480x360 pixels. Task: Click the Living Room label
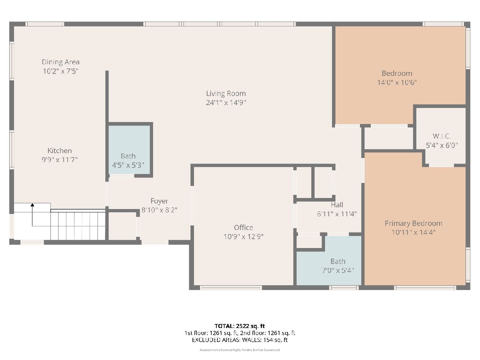[x=226, y=94]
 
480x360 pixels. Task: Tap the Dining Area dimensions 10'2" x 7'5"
[x=60, y=71]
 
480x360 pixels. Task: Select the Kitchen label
[x=60, y=151]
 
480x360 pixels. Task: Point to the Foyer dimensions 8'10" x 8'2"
[x=159, y=210]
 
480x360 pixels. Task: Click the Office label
[x=243, y=228]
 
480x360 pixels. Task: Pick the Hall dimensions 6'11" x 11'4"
[x=337, y=214]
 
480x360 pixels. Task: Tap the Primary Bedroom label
[x=414, y=223]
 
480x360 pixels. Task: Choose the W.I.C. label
[x=442, y=136]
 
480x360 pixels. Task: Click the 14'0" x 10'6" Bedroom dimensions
[x=397, y=82]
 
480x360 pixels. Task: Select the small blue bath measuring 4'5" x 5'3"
[x=129, y=150]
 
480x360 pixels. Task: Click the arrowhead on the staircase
[x=32, y=205]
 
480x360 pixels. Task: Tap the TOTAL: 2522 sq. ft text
[x=240, y=326]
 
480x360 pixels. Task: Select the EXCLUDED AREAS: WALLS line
[x=240, y=340]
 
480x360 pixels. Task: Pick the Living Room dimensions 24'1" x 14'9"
[x=226, y=102]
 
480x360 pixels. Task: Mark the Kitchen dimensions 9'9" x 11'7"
[x=60, y=160]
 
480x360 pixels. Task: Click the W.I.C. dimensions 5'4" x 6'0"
[x=442, y=145]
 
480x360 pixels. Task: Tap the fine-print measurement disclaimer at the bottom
[x=240, y=350]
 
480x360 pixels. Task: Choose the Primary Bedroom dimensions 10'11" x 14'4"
[x=414, y=232]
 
